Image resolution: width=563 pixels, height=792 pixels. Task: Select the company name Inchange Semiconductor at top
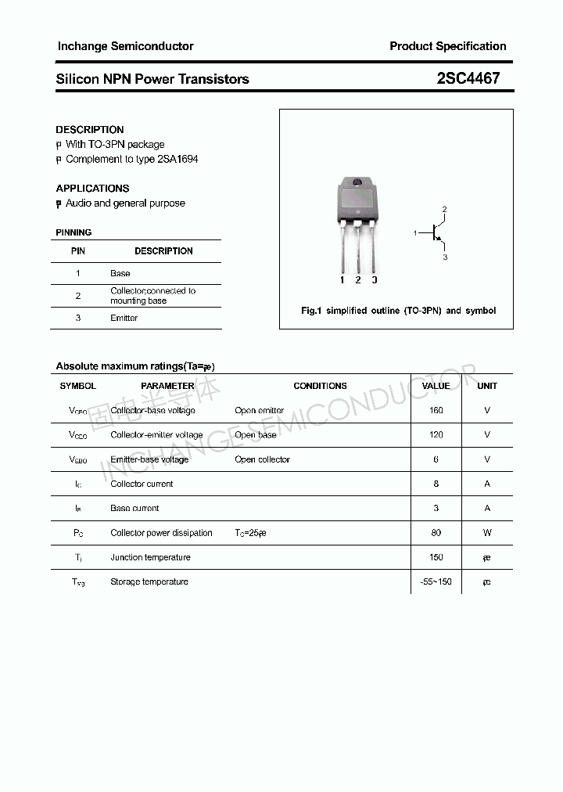pyautogui.click(x=125, y=46)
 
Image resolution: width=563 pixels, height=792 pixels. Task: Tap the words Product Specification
pyautogui.click(x=447, y=46)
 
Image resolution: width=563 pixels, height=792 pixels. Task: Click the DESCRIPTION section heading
pyautogui.click(x=90, y=129)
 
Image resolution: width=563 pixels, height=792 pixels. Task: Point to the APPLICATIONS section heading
pyautogui.click(x=92, y=188)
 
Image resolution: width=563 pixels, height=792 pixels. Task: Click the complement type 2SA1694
pyautogui.click(x=178, y=159)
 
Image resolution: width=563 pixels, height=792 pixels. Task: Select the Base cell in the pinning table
pyautogui.click(x=120, y=273)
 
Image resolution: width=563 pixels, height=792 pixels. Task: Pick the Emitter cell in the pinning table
pyautogui.click(x=124, y=318)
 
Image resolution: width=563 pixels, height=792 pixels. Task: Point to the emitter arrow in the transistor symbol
pyautogui.click(x=440, y=240)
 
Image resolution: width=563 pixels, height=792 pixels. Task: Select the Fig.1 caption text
pyautogui.click(x=398, y=311)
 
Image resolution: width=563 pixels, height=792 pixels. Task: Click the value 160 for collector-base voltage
pyautogui.click(x=436, y=410)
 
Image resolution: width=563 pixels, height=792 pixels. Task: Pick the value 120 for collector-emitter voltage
pyautogui.click(x=436, y=434)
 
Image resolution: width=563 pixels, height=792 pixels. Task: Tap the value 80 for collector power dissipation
pyautogui.click(x=436, y=533)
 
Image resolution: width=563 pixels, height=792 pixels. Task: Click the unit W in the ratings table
pyautogui.click(x=487, y=533)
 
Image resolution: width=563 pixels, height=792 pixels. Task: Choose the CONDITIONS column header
pyautogui.click(x=320, y=386)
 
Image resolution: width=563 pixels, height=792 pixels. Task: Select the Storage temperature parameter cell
pyautogui.click(x=149, y=581)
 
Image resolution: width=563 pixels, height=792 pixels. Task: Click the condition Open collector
pyautogui.click(x=262, y=459)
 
